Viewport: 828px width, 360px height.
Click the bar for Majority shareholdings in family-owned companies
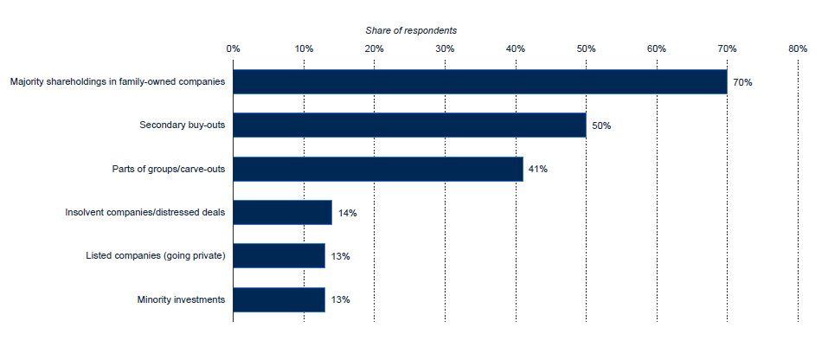[x=479, y=81]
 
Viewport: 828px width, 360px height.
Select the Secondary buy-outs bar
[x=409, y=125]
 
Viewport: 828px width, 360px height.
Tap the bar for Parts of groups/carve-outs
[x=377, y=169]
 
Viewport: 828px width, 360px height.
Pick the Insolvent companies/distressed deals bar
[x=282, y=212]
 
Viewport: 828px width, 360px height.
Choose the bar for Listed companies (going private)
[x=279, y=256]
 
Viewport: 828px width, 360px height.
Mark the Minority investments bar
[x=279, y=299]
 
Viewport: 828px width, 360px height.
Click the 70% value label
[x=742, y=82]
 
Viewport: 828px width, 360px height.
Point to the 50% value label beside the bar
[x=601, y=125]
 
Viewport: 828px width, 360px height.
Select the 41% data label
[x=537, y=169]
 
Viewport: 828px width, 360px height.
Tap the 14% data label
[x=348, y=213]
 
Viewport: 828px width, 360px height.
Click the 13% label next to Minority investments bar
[x=340, y=299]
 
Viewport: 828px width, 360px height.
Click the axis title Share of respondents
[x=411, y=30]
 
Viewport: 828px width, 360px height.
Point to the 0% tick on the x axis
[x=233, y=48]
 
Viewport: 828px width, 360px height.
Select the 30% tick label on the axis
[x=445, y=48]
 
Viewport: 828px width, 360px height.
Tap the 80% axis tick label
[x=798, y=48]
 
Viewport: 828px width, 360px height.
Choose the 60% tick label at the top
[x=657, y=48]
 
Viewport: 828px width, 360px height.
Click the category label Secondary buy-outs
[x=183, y=125]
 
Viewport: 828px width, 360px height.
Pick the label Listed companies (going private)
[x=156, y=256]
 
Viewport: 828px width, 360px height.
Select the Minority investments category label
[x=181, y=299]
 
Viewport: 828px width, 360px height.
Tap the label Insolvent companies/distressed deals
[x=145, y=212]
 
